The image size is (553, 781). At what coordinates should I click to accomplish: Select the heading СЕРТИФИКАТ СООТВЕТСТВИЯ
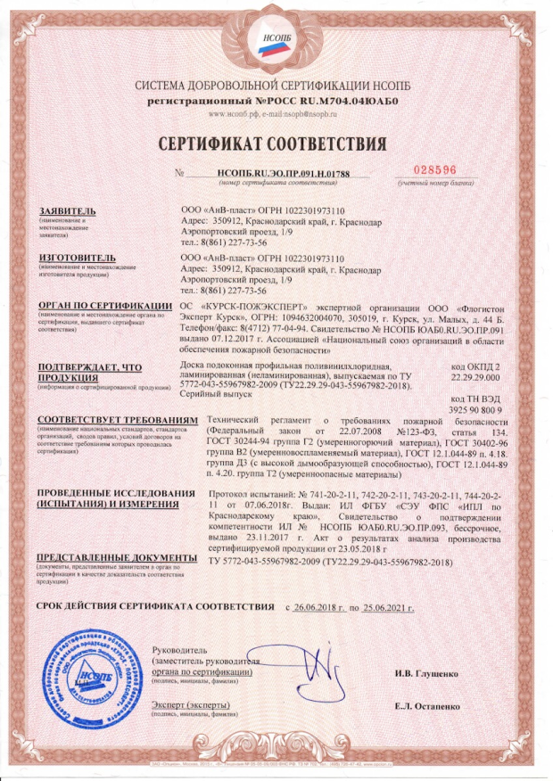276,144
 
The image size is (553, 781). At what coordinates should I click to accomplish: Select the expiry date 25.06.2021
392,608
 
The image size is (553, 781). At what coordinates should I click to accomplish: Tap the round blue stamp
99,671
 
